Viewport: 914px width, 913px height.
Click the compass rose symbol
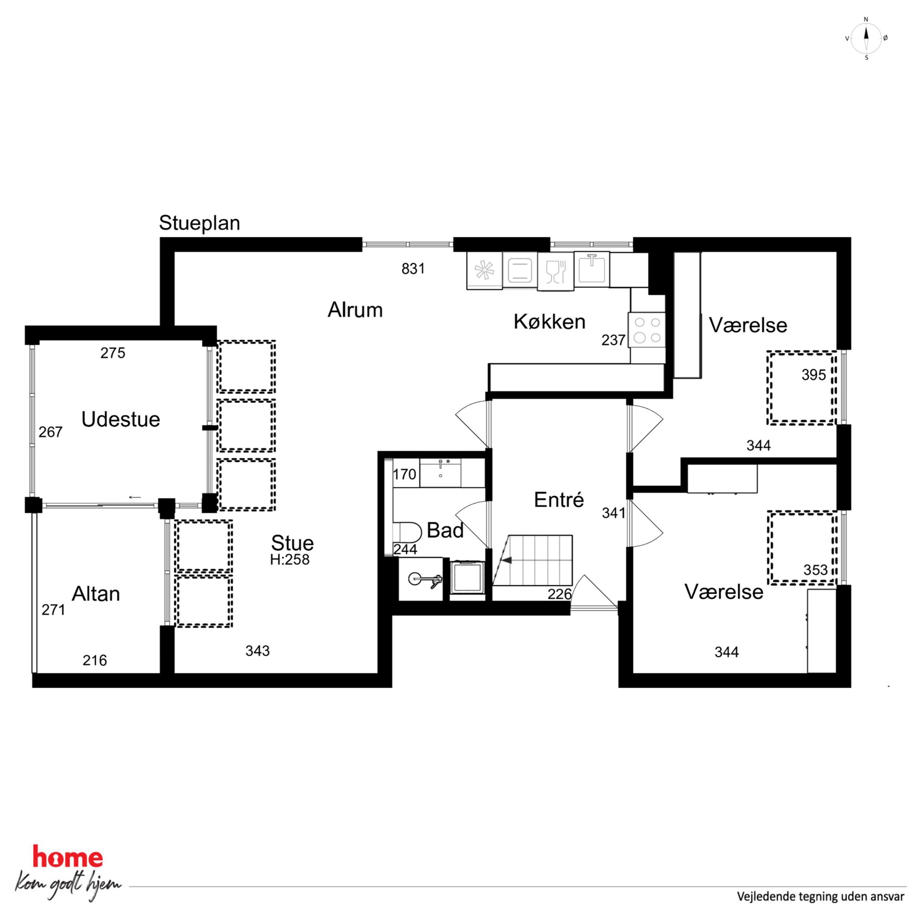[x=866, y=38]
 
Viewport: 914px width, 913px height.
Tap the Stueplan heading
[x=199, y=223]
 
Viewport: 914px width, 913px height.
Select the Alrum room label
[x=355, y=310]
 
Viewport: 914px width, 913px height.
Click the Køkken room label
[x=549, y=322]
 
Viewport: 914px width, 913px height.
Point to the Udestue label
[x=121, y=419]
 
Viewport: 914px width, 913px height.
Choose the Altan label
[x=95, y=594]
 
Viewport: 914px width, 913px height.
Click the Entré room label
[x=559, y=500]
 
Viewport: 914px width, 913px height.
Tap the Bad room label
[x=445, y=530]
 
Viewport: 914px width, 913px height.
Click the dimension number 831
[x=413, y=269]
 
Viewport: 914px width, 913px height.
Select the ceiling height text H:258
[x=289, y=560]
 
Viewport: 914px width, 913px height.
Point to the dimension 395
[x=813, y=375]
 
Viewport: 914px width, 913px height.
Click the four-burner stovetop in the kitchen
[x=647, y=330]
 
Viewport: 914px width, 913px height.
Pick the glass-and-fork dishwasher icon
[x=556, y=271]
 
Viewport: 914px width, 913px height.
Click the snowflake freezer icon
[x=484, y=271]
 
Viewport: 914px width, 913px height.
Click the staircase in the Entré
[x=533, y=560]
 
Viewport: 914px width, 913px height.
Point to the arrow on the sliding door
[x=135, y=497]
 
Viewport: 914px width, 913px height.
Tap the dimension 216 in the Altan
[x=94, y=660]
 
